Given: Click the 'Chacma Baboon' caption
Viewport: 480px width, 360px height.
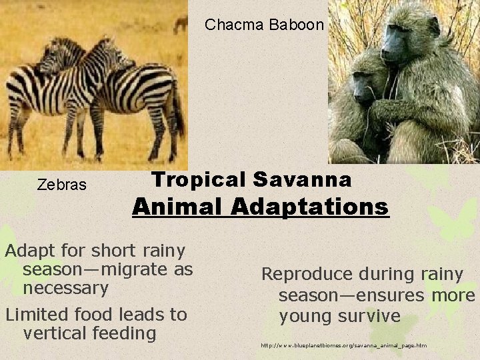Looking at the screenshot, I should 265,25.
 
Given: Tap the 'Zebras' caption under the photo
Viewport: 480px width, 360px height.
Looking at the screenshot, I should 61,185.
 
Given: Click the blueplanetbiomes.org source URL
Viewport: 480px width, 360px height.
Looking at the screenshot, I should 343,345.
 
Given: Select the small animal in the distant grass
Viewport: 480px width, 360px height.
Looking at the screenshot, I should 180,25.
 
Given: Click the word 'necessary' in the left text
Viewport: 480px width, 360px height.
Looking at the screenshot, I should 65,289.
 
